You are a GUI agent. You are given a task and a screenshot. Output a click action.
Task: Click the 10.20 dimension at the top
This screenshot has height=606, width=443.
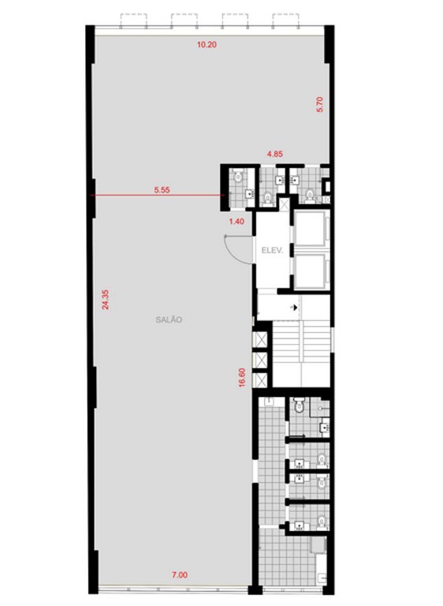click(x=207, y=44)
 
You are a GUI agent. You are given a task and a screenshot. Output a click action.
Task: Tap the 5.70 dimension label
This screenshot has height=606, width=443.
click(x=320, y=104)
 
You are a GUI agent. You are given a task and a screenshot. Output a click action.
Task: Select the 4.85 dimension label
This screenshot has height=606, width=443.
click(x=274, y=154)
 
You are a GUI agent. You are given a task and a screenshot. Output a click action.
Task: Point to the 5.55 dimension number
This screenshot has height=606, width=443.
click(x=162, y=190)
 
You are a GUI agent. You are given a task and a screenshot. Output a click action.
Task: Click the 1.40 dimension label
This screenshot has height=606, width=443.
click(x=236, y=222)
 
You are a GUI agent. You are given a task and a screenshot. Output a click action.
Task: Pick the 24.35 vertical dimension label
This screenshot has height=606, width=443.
click(x=106, y=300)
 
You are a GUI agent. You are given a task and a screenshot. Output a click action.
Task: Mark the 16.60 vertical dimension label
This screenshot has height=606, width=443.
click(x=242, y=378)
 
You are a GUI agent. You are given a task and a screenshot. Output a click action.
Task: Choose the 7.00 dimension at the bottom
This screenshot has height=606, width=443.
click(x=180, y=575)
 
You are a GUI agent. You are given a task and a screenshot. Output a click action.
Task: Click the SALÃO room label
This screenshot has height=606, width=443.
click(x=169, y=320)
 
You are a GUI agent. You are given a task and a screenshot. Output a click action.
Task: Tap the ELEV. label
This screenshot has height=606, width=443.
click(x=272, y=250)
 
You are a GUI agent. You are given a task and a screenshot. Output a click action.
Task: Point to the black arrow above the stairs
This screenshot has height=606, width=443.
click(x=295, y=308)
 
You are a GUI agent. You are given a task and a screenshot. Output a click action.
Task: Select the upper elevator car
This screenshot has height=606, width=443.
click(x=311, y=228)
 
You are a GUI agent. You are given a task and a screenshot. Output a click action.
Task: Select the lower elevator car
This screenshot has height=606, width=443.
click(x=311, y=271)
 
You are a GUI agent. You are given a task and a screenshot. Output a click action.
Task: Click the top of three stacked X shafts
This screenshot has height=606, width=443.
click(x=259, y=340)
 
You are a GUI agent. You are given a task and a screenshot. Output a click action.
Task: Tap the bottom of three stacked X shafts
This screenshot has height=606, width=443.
click(x=259, y=380)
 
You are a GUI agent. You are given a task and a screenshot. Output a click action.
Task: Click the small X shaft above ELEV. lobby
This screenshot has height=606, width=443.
click(x=285, y=204)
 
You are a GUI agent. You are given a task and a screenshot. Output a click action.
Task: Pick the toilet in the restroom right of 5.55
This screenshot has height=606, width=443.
click(x=238, y=178)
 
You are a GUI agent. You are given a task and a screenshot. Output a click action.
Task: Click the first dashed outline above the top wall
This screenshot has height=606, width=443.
click(x=134, y=21)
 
